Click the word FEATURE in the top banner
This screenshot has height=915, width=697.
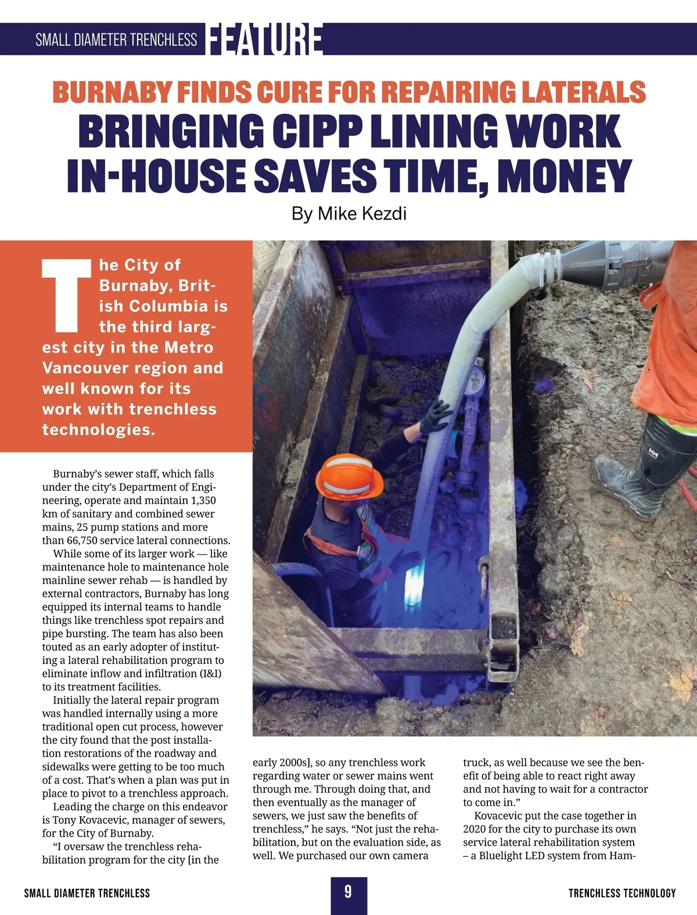264,40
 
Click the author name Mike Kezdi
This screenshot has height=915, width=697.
362,214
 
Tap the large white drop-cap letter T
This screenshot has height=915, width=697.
67,295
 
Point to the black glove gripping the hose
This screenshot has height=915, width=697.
434,416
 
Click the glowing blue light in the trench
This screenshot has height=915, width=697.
418,581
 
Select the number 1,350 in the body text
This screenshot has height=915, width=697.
203,500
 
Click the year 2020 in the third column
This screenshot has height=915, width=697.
476,829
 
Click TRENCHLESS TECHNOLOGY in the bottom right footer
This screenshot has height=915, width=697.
622,894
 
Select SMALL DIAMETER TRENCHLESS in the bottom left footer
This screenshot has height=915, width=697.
87,894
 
